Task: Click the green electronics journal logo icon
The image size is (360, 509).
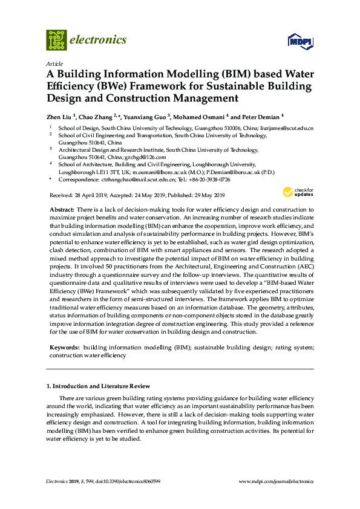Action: click(56, 40)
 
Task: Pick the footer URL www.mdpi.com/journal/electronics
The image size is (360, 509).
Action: click(277, 482)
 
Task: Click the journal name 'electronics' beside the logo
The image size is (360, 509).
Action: click(99, 40)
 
